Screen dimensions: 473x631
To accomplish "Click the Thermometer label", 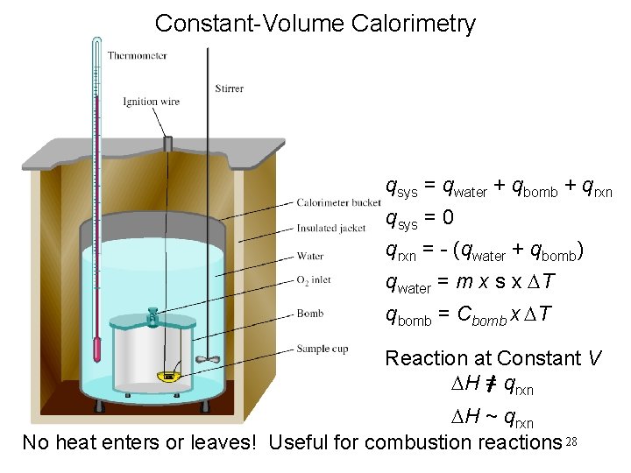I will tap(137, 56).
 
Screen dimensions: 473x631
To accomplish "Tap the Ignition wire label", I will tap(152, 102).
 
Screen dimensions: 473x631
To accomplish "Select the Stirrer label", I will tap(229, 88).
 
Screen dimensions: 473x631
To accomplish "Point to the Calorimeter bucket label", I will tap(338, 203).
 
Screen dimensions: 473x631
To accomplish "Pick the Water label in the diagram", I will tap(310, 257).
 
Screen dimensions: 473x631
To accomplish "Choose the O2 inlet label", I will tap(315, 281).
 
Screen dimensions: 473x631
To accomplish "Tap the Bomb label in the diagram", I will tap(310, 313).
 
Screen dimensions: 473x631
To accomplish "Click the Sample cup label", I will tap(322, 349).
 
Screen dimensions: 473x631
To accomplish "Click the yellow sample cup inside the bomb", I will tap(169, 377).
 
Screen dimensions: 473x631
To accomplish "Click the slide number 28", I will tap(573, 440).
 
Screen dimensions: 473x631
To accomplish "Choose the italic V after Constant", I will tap(595, 358).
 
